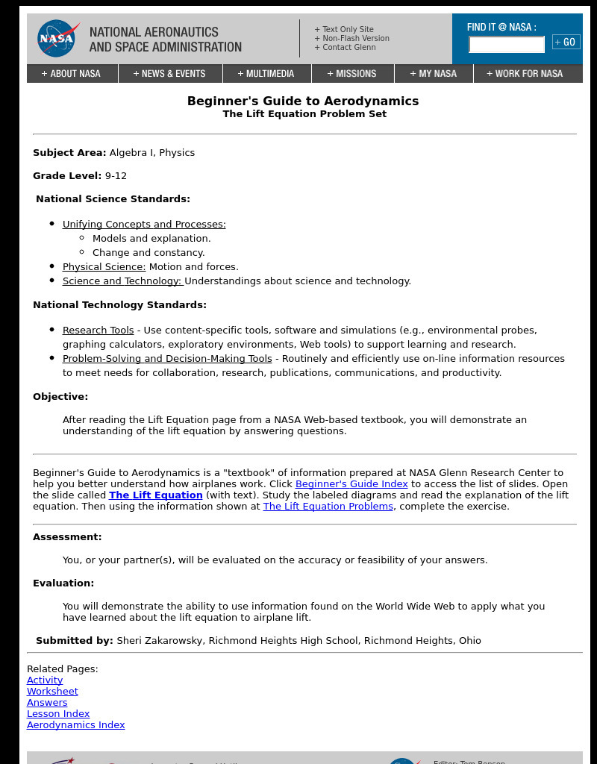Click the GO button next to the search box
(x=566, y=43)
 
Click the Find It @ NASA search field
(x=506, y=45)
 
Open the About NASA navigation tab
(x=72, y=74)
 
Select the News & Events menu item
(x=169, y=74)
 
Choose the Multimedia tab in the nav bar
(x=266, y=74)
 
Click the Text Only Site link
(x=344, y=30)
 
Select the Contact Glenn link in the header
(x=345, y=48)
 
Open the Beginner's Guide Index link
(x=351, y=484)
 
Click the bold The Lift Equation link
(x=156, y=495)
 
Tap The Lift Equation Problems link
(x=328, y=507)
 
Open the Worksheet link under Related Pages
(x=52, y=692)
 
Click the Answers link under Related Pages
(x=47, y=703)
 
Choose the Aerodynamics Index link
(x=75, y=725)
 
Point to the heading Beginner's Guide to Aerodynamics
(x=303, y=101)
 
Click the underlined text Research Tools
(x=98, y=331)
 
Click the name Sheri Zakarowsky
(x=160, y=641)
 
